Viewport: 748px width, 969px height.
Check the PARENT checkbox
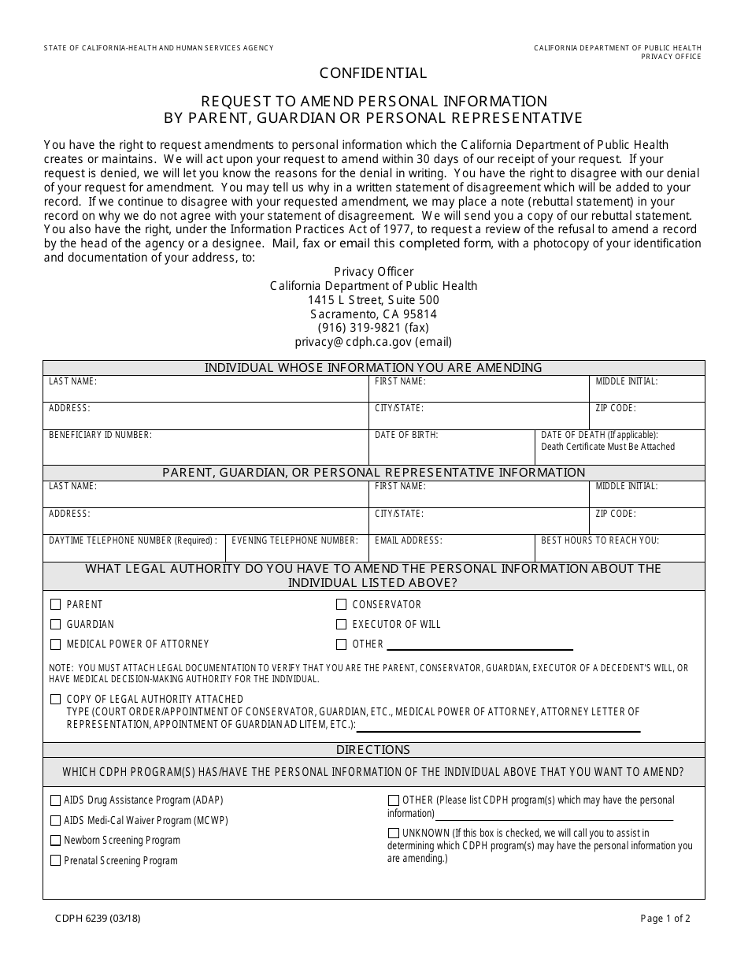coord(56,604)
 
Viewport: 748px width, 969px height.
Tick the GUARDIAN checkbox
coord(56,624)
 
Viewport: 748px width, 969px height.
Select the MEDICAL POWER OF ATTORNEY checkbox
coord(56,644)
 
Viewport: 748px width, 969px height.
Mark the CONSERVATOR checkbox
coord(342,604)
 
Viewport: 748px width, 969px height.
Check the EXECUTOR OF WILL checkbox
coord(342,624)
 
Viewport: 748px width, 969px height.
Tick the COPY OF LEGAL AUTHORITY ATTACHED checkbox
coord(56,699)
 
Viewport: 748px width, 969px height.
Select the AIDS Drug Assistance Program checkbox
coord(56,800)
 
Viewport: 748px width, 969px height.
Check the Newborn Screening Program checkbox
coord(56,841)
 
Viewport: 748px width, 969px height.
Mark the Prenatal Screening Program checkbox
coord(56,861)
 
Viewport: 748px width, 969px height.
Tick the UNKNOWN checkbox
coord(394,833)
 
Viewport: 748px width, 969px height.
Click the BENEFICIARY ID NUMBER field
coord(205,451)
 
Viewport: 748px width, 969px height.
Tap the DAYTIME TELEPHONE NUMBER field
coord(134,551)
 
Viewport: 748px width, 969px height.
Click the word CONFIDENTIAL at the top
coord(373,73)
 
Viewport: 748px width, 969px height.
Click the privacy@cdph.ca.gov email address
coord(373,342)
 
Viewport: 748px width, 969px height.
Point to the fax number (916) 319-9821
coord(373,328)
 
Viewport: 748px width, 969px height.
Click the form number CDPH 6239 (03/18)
coord(98,918)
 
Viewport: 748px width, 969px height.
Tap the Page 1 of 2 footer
coord(665,918)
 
